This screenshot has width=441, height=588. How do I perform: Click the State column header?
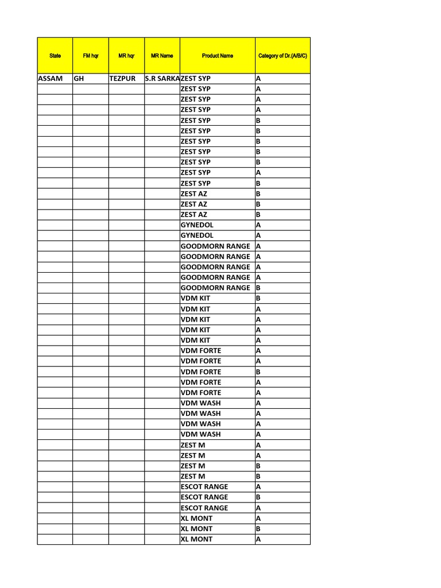click(x=55, y=56)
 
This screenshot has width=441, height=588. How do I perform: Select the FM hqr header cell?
click(x=91, y=56)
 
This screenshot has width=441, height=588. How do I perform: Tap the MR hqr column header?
click(x=126, y=56)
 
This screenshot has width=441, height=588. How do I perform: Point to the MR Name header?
click(x=162, y=56)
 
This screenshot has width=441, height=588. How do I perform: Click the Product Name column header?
click(x=218, y=56)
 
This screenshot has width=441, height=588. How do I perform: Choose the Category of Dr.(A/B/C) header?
click(x=283, y=56)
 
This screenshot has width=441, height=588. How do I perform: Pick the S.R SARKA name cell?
click(x=163, y=78)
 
